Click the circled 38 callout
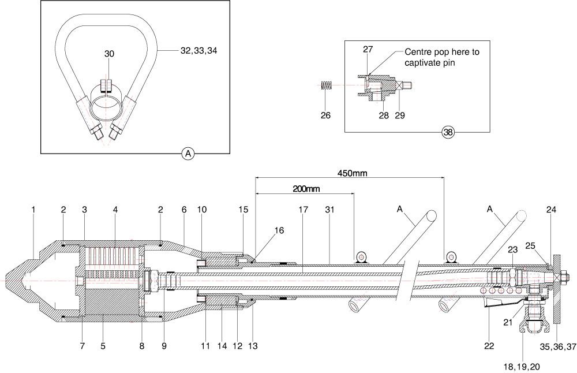(x=448, y=132)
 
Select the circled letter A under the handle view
(x=188, y=154)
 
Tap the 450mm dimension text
(x=353, y=173)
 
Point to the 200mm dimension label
(x=306, y=189)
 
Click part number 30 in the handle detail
(x=109, y=54)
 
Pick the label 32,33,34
(x=198, y=50)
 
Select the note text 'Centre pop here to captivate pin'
(x=442, y=57)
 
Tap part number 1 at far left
(x=33, y=210)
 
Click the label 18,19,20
(x=522, y=367)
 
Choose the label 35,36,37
(x=558, y=346)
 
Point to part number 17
(x=303, y=210)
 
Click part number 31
(x=329, y=210)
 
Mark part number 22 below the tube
(x=489, y=346)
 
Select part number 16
(x=279, y=230)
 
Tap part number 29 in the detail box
(x=400, y=115)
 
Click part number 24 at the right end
(x=551, y=210)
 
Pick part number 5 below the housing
(x=103, y=346)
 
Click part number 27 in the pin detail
(x=368, y=49)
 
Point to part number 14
(x=222, y=346)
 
